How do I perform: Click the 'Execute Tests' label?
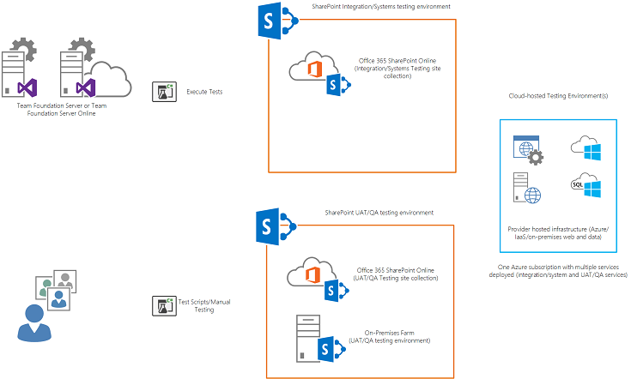(x=204, y=91)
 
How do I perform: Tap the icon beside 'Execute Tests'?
(x=164, y=92)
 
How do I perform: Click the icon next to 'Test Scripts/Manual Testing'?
(x=164, y=305)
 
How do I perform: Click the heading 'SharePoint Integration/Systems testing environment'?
(x=381, y=7)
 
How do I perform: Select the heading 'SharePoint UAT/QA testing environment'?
(x=379, y=212)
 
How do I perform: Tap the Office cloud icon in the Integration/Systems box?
(x=311, y=66)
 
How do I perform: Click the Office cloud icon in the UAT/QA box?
(x=310, y=274)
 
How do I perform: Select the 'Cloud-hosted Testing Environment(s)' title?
(x=557, y=96)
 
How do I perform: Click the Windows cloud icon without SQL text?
(x=585, y=148)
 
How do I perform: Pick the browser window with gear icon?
(x=526, y=149)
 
